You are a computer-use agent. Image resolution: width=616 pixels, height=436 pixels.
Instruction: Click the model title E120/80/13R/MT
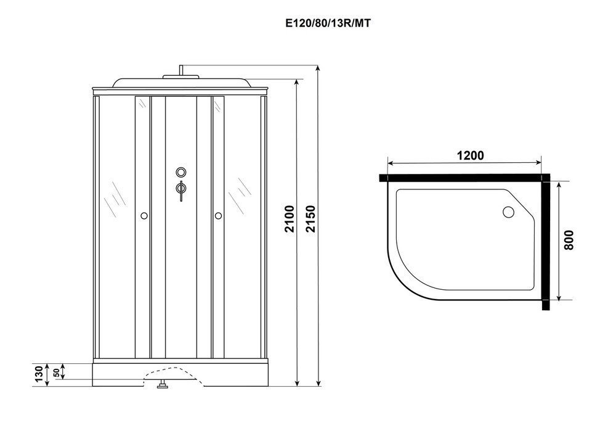[x=328, y=23]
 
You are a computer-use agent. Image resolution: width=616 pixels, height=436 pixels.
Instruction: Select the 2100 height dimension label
[x=290, y=219]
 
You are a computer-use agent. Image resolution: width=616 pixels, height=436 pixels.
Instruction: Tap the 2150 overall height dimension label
[x=310, y=219]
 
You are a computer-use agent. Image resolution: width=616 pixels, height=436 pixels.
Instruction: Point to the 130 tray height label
[x=39, y=374]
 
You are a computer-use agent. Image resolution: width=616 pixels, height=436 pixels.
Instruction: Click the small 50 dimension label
[x=56, y=372]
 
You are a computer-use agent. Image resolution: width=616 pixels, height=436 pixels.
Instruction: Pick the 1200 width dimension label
[x=470, y=155]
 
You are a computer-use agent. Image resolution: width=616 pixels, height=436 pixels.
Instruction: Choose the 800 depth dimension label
[x=569, y=240]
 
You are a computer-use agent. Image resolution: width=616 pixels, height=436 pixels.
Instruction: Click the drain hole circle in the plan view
[x=508, y=212]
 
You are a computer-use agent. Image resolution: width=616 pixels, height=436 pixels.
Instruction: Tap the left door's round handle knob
[x=144, y=215]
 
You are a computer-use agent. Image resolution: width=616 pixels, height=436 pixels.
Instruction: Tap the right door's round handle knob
[x=219, y=215]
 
